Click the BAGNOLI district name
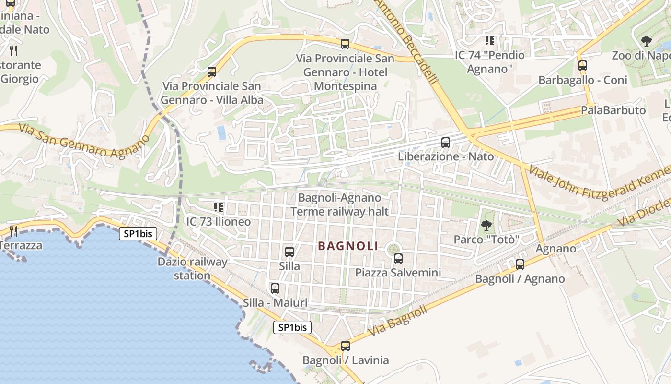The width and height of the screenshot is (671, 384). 348,246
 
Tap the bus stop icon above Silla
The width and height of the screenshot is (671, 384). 289,252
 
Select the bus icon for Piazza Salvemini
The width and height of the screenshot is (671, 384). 398,259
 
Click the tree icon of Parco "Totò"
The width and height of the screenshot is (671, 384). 486,225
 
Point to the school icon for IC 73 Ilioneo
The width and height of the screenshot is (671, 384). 219,207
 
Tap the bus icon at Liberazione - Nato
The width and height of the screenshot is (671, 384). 446,143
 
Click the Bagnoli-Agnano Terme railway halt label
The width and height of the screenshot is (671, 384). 339,204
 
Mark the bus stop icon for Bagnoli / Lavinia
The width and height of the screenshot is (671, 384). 346,346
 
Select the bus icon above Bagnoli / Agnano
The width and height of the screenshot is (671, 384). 520,264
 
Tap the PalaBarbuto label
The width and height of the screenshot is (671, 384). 613,110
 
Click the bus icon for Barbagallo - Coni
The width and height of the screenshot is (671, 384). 583,66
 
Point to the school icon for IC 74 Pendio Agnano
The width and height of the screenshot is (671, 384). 489,41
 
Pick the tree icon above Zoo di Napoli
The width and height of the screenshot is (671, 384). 647,41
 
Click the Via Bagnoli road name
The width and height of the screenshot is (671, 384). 398,321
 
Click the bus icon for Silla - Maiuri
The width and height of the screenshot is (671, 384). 275,288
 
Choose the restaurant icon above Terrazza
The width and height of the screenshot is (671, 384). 13,231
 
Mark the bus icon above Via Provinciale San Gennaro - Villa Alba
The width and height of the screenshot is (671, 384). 212,72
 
